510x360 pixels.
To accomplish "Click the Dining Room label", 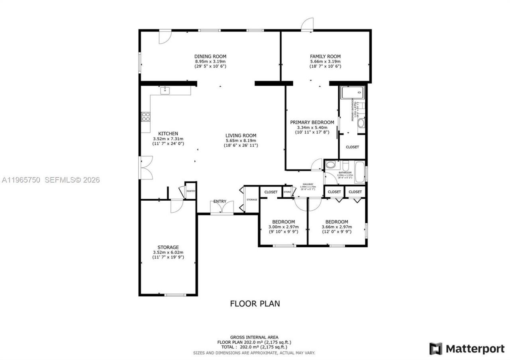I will [210, 57].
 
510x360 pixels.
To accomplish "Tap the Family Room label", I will [325, 57].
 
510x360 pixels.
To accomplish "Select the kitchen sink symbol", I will [165, 91].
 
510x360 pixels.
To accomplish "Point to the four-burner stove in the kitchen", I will [146, 117].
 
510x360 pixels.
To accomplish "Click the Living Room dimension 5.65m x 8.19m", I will [241, 141].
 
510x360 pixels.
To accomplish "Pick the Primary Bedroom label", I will [312, 122].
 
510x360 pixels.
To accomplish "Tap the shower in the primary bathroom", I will [353, 93].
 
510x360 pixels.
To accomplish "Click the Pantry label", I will [191, 191].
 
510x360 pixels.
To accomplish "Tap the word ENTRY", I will [220, 202].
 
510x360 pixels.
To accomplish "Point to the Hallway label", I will [308, 184].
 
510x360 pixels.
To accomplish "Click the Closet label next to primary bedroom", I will [352, 147].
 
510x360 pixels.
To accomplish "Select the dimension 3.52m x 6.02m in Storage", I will [168, 252].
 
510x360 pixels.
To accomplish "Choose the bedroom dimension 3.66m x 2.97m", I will [336, 227].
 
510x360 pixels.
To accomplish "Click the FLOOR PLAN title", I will [255, 303].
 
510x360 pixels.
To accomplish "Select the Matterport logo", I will [467, 349].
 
